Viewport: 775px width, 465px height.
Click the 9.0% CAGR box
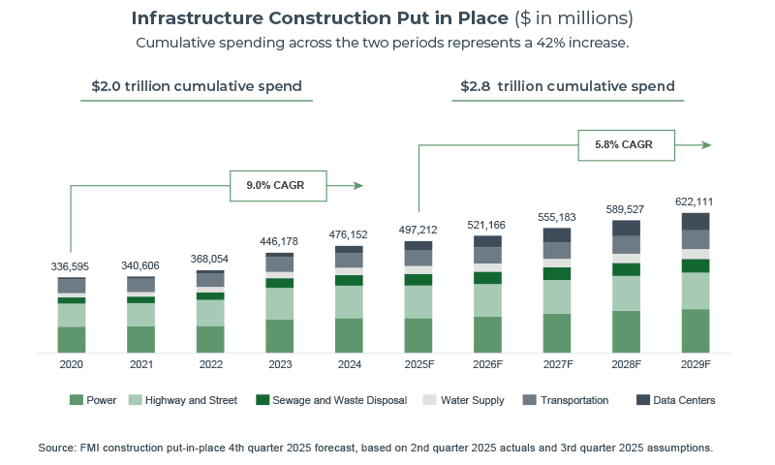(277, 185)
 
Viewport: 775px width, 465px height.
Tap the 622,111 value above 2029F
(695, 201)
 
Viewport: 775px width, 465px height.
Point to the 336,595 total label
(72, 266)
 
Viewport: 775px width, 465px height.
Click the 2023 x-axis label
(279, 365)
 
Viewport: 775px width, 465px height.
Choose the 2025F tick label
(418, 365)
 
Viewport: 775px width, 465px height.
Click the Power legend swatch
(77, 400)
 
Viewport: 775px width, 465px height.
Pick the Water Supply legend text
(472, 400)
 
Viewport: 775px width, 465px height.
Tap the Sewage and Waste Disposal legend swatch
(262, 400)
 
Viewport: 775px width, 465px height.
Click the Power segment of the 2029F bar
(695, 330)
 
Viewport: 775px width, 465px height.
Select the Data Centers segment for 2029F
(695, 221)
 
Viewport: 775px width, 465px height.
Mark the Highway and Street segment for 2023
(279, 303)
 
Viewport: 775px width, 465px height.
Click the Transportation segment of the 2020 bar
(72, 286)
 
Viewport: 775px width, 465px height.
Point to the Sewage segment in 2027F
(556, 273)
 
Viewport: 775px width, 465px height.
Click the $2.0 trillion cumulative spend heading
(197, 86)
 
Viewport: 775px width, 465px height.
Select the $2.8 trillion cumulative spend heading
(568, 86)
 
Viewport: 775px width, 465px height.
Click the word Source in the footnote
(57, 448)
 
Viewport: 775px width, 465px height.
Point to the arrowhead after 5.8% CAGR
(707, 145)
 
